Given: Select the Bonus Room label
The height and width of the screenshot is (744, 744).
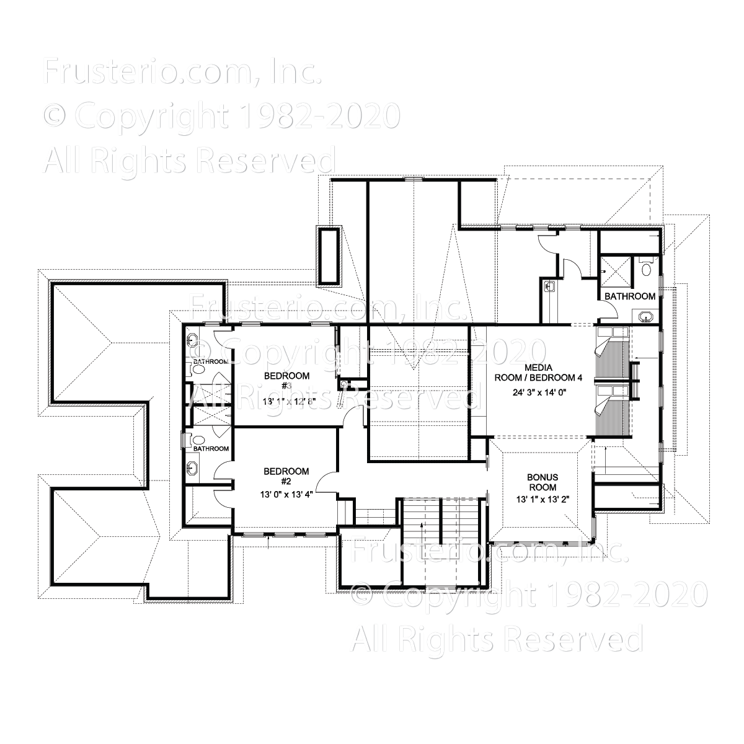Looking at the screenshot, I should (542, 482).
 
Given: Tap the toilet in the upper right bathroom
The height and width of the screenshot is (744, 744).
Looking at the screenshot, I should (646, 268).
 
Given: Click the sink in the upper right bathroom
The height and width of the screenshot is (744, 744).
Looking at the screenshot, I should (645, 316).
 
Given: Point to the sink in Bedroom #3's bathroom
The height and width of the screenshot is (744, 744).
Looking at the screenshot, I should (192, 341).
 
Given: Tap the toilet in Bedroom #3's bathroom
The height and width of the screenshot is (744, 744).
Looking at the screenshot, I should (198, 370).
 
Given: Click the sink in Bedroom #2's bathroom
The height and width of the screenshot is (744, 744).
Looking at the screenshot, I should (192, 468).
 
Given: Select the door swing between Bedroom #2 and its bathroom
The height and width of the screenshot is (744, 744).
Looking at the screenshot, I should (221, 472).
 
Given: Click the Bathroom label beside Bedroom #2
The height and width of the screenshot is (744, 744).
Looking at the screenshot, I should (210, 448).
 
